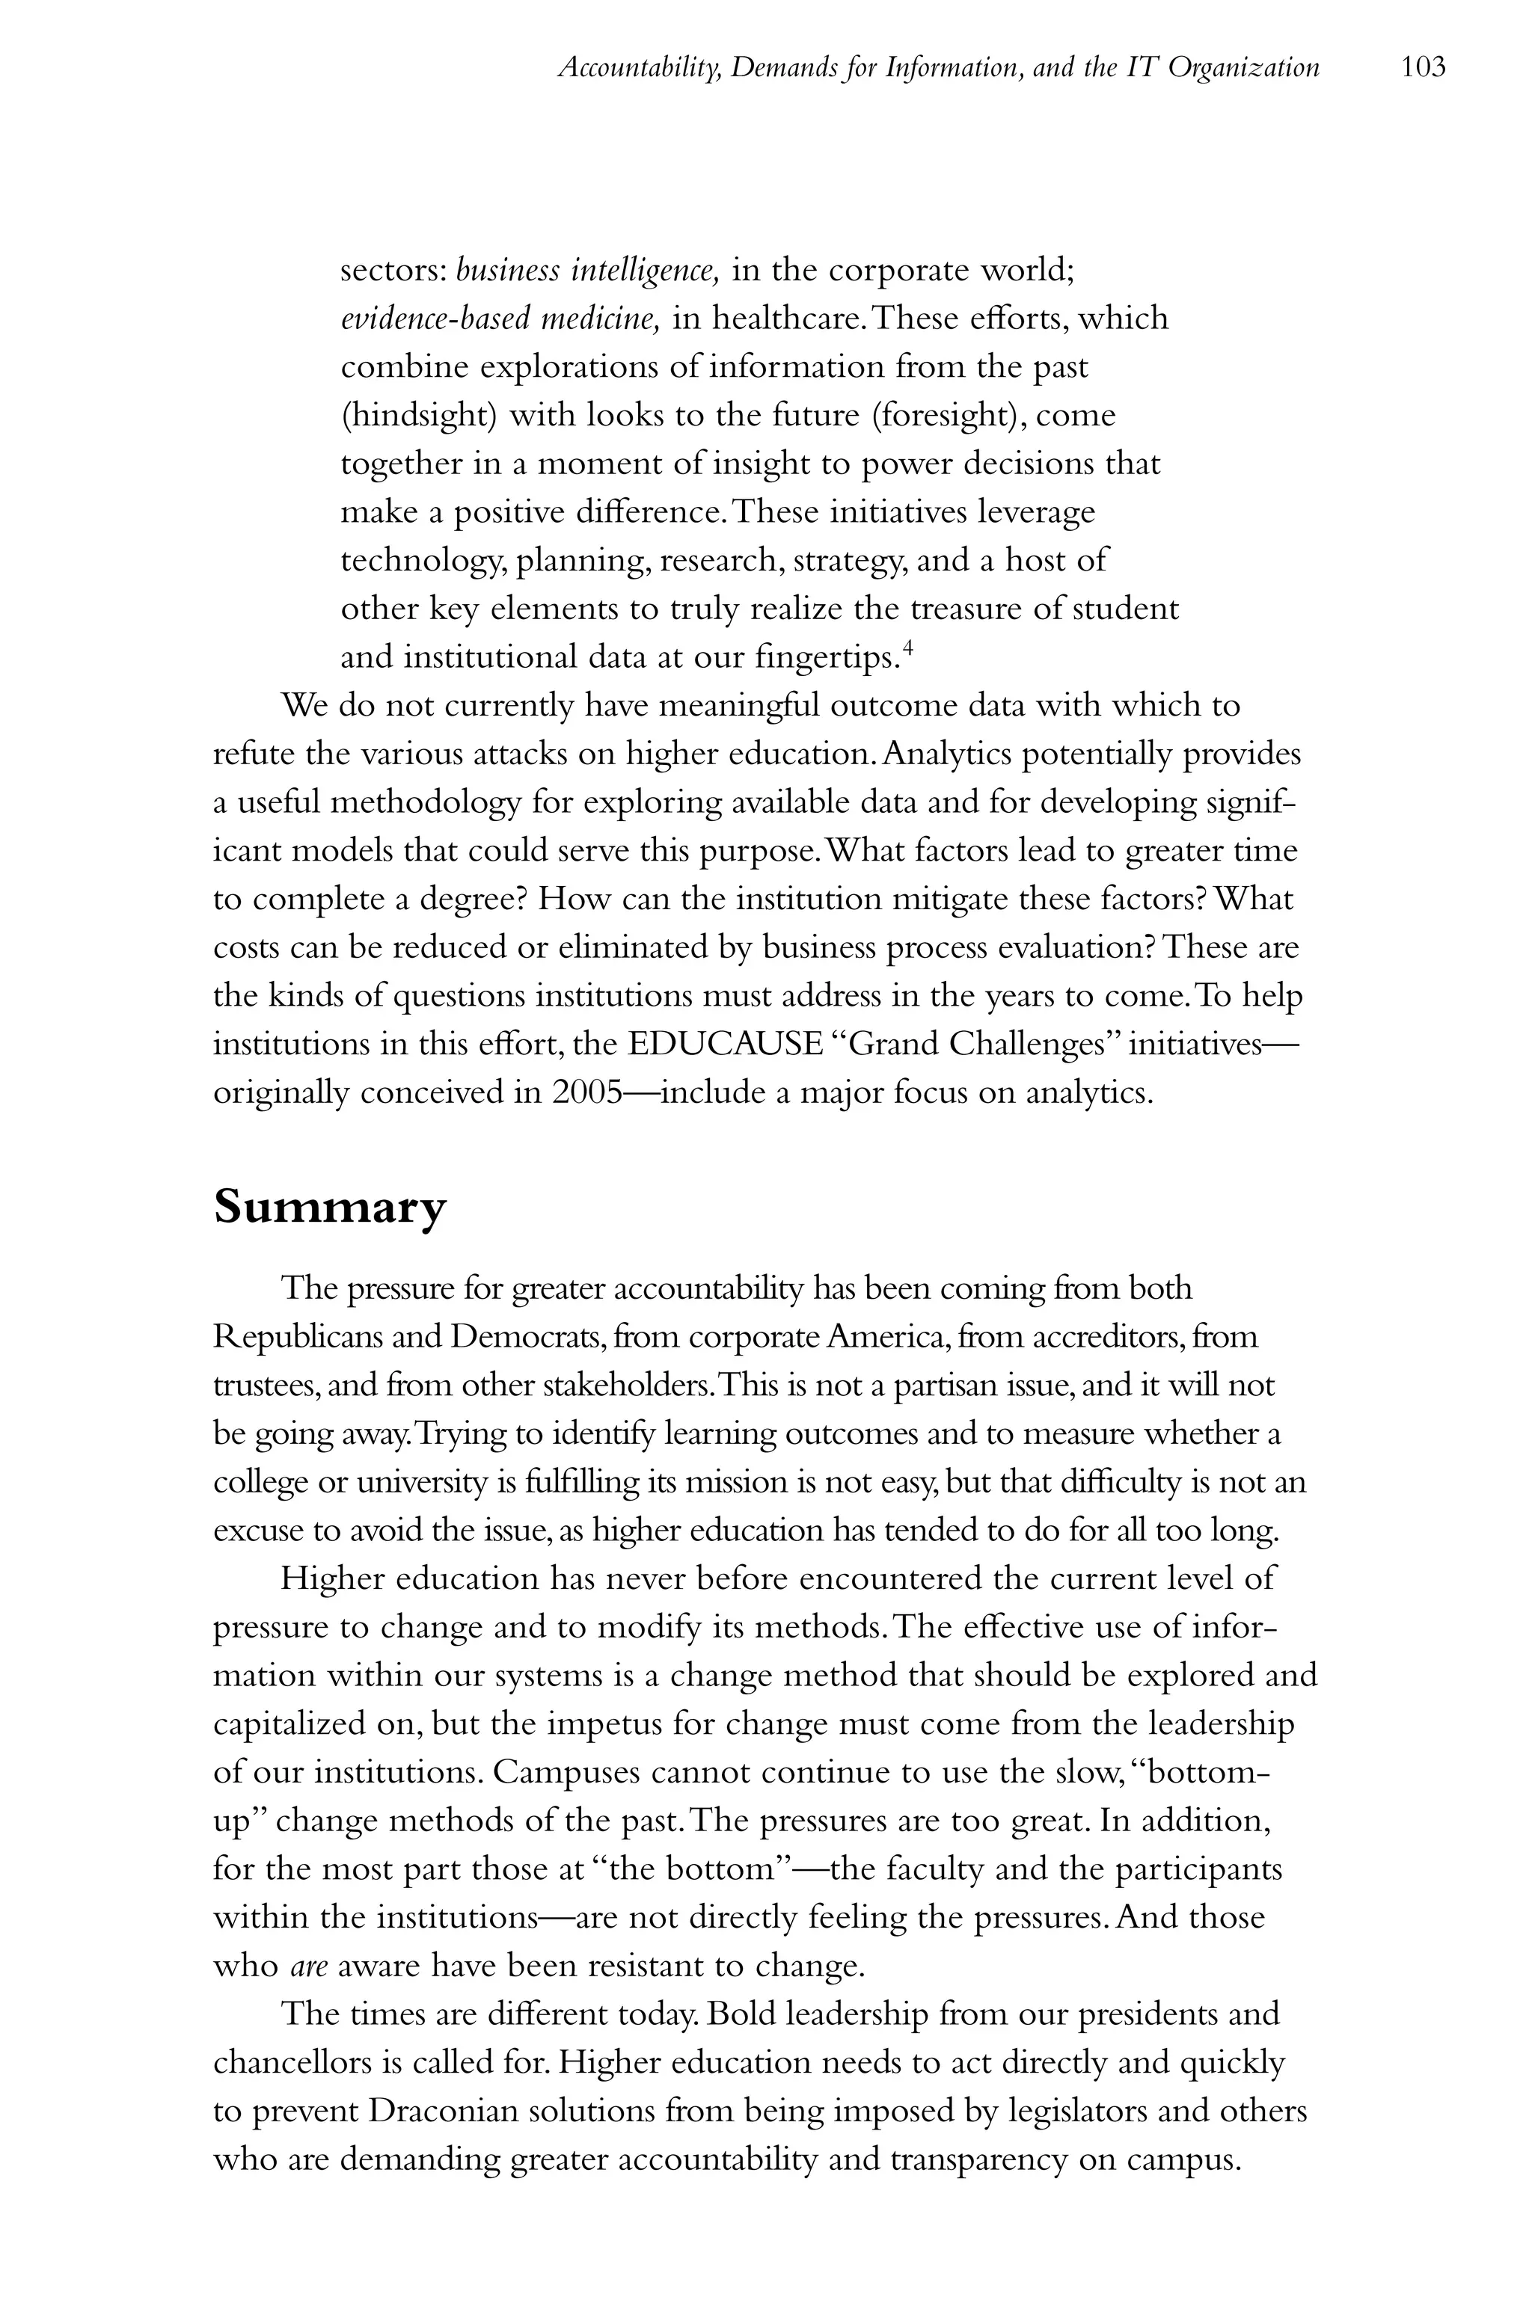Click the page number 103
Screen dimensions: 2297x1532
[x=1423, y=67]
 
